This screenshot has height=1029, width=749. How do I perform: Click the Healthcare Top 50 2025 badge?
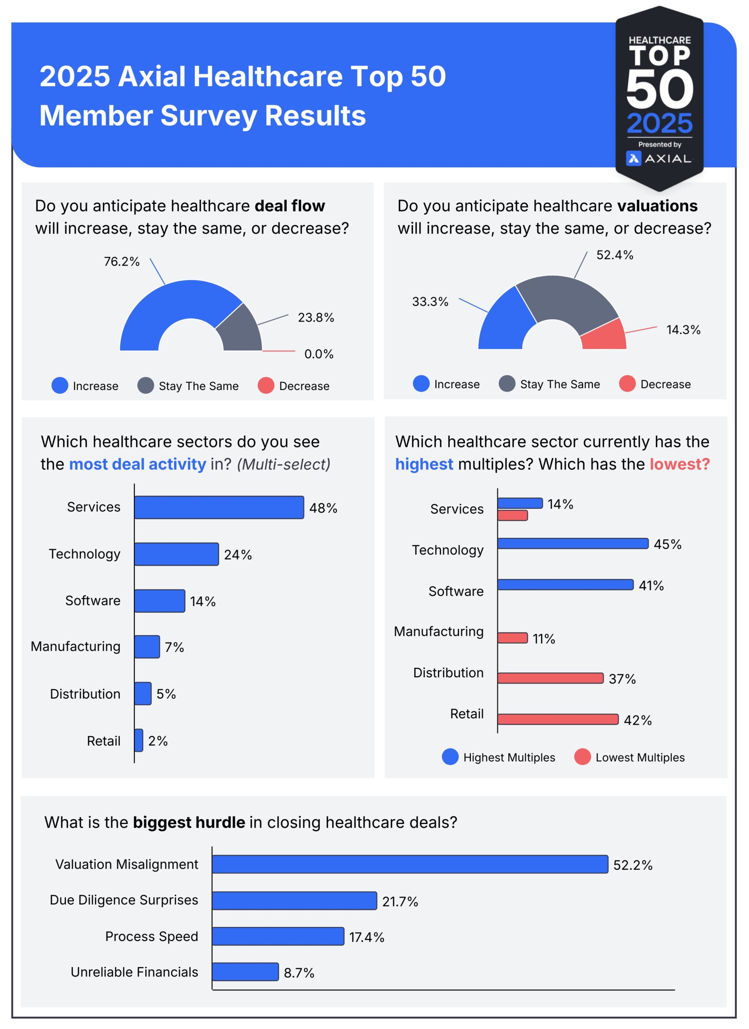tap(659, 98)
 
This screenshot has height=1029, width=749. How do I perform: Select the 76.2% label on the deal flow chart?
tap(121, 262)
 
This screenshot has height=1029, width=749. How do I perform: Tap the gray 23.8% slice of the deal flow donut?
tap(240, 329)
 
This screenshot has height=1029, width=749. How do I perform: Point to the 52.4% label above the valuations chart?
tap(615, 255)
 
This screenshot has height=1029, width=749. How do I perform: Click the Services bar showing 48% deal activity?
tap(219, 507)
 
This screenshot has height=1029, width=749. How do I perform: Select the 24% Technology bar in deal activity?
tap(176, 554)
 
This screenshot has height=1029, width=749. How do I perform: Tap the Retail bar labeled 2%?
tap(138, 740)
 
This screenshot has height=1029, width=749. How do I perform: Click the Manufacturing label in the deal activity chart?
tap(75, 646)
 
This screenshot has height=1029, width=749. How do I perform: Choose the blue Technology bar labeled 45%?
tap(572, 543)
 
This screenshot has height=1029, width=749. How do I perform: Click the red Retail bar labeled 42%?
tap(558, 719)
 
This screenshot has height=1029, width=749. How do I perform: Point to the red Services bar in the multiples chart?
tap(512, 515)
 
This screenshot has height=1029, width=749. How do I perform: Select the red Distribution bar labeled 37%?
tap(550, 678)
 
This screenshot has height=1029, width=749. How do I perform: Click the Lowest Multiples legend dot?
tap(582, 757)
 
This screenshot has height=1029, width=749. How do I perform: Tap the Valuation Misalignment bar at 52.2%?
tap(409, 864)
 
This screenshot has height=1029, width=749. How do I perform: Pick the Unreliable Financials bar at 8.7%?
tap(245, 972)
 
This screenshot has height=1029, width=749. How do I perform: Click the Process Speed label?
tap(152, 936)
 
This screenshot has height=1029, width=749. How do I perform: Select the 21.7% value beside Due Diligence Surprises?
tap(399, 901)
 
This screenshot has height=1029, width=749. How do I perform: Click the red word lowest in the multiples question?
tap(679, 464)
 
